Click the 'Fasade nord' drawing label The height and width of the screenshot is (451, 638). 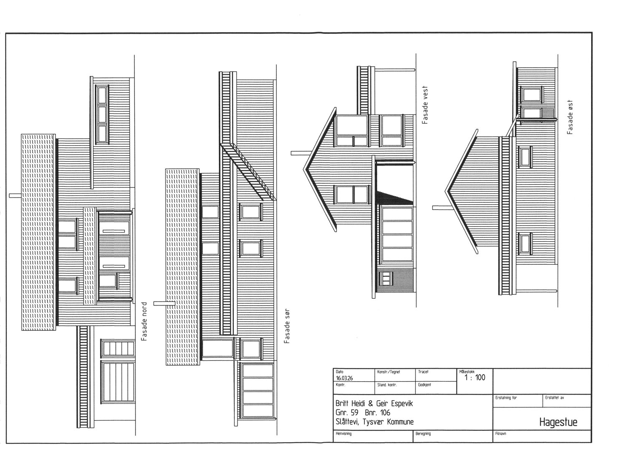click(145, 322)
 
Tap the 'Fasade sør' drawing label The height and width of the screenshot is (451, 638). click(287, 326)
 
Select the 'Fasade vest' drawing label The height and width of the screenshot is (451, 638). click(425, 105)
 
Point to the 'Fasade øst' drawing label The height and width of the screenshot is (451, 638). click(570, 117)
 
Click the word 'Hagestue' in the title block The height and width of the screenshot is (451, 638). click(558, 422)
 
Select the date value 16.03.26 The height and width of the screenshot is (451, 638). click(344, 378)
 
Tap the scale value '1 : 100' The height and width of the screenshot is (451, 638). click(475, 378)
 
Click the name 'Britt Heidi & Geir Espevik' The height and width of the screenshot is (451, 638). click(374, 403)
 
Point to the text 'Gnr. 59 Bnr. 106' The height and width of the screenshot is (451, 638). click(362, 413)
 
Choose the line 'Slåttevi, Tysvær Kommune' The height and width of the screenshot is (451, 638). click(374, 422)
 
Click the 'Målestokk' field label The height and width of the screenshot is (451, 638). click(466, 372)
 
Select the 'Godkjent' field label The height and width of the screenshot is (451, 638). click(424, 385)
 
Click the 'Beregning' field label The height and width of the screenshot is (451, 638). click(423, 433)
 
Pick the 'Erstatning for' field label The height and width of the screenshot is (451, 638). click(506, 398)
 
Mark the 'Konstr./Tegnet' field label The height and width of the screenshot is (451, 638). click(388, 372)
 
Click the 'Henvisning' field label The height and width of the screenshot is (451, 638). click(344, 433)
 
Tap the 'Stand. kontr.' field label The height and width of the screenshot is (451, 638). click(387, 385)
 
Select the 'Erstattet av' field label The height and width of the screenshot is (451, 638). click(554, 398)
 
